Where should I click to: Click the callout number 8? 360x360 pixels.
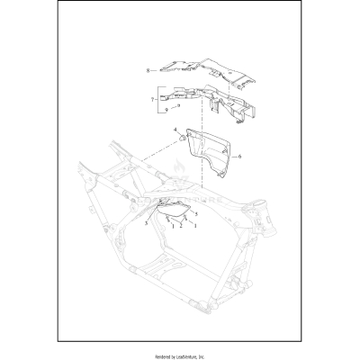[x=146, y=69]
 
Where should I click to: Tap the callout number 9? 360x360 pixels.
[x=165, y=108]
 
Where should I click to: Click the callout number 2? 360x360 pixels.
[x=179, y=226]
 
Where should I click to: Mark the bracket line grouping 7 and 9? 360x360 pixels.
[x=159, y=98]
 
